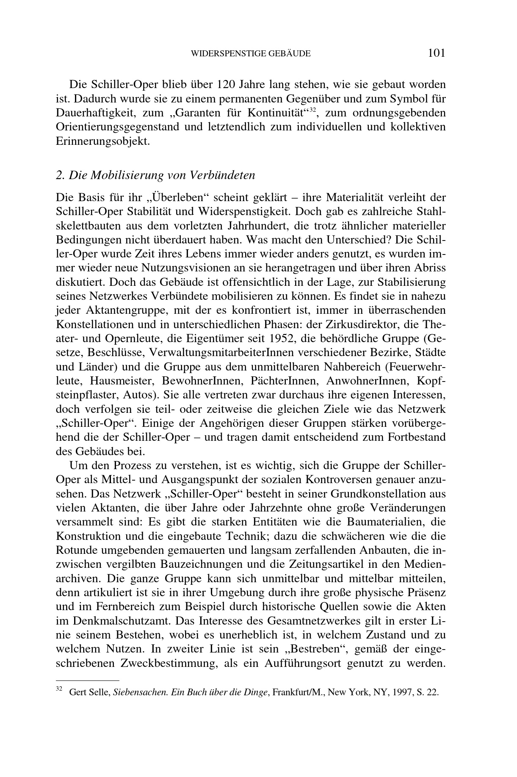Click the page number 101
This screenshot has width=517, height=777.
tap(437, 53)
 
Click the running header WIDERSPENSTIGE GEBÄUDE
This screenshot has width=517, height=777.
tap(251, 54)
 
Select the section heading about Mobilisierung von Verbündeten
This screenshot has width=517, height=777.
tap(155, 175)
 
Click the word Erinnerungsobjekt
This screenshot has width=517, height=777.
tap(103, 141)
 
